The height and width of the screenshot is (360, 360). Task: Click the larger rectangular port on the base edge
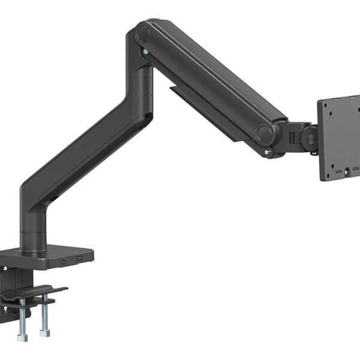(80, 257)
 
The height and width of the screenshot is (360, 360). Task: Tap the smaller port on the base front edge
(64, 262)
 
